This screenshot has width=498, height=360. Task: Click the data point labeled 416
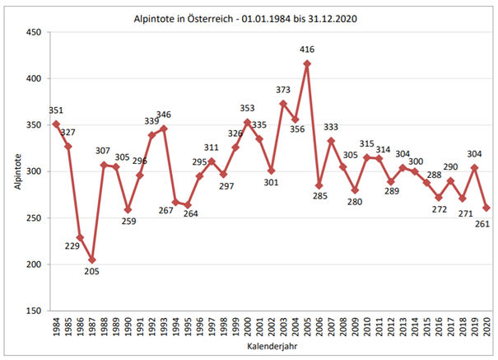[x=308, y=63]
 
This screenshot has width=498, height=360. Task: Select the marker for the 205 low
[x=92, y=259]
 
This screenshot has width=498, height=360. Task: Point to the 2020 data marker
[x=486, y=208]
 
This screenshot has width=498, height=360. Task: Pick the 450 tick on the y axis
[x=34, y=32]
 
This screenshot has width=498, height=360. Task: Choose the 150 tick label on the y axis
[x=34, y=311]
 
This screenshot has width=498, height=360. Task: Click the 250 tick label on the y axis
[x=34, y=218]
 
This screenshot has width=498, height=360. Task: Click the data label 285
[x=321, y=196]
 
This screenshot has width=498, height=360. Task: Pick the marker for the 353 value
[x=248, y=122]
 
